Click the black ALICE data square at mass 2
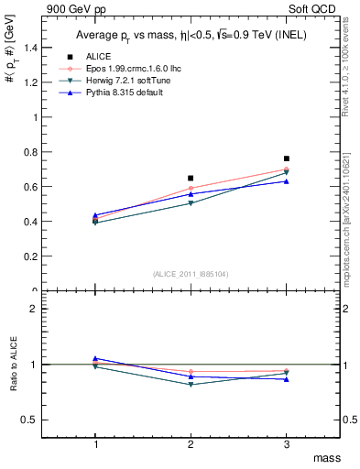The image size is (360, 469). pos(191,178)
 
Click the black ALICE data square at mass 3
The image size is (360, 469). pos(287,158)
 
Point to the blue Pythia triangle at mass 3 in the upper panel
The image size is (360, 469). pos(287,181)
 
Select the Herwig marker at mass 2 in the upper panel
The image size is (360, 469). pos(191,203)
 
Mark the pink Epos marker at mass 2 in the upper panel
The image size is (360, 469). pos(191,189)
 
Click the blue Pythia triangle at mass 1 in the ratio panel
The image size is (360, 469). pos(95,358)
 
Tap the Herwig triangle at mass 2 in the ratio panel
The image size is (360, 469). pos(191,385)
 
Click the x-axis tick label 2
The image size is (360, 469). pos(191,444)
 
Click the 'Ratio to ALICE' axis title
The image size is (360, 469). pos(14,364)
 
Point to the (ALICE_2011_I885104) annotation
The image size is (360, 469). pos(191,274)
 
